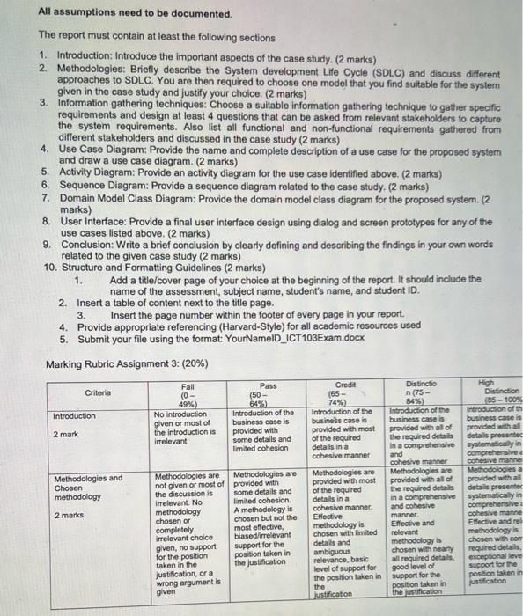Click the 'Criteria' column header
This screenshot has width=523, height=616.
click(98, 392)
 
